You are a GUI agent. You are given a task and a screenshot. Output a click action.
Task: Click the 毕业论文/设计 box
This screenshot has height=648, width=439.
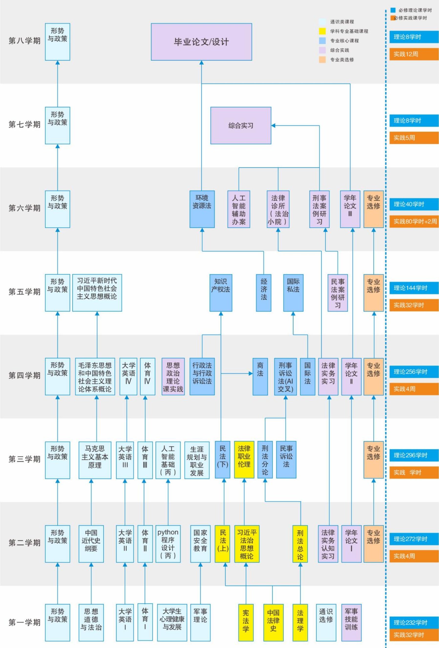tap(201, 42)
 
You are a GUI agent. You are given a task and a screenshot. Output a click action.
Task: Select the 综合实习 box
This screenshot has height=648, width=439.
tap(241, 126)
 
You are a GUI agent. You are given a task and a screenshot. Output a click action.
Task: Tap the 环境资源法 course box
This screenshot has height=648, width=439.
tap(202, 209)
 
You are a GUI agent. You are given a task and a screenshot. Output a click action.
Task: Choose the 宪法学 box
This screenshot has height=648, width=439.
tap(246, 622)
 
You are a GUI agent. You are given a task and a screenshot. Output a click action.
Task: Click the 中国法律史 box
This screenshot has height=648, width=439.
tap(273, 622)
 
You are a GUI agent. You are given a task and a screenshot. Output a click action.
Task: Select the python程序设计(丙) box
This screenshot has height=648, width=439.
tap(168, 544)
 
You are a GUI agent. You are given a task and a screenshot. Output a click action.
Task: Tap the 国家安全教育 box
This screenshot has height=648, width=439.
tap(200, 544)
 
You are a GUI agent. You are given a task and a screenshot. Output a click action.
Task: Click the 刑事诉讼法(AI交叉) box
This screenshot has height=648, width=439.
tap(285, 377)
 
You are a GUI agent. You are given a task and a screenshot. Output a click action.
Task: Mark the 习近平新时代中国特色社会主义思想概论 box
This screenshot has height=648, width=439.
tap(97, 292)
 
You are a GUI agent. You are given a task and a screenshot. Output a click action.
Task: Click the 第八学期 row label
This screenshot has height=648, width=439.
tap(24, 41)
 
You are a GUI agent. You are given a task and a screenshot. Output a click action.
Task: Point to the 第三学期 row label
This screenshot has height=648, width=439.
tap(24, 459)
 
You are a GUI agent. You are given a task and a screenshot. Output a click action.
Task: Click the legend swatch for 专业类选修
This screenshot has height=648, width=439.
tap(322, 60)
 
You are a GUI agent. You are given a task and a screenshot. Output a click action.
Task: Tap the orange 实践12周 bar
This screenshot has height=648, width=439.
tap(414, 54)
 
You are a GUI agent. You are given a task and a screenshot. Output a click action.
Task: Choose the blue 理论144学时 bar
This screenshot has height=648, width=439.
tap(414, 288)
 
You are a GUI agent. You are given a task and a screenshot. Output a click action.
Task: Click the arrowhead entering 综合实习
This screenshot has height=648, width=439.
tap(273, 126)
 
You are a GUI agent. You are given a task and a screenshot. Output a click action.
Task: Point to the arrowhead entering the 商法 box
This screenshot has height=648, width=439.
tap(251, 373)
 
